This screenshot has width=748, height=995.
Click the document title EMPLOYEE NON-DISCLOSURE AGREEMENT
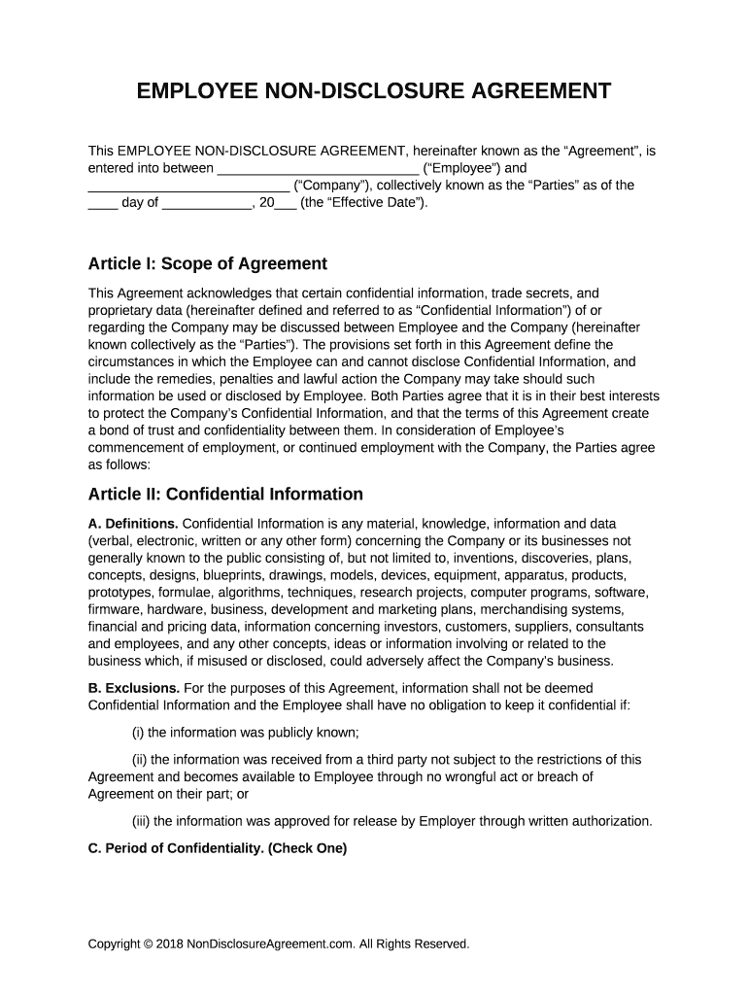(373, 92)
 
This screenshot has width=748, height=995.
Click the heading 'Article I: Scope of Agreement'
(208, 264)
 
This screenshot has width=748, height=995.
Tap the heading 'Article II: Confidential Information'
(225, 494)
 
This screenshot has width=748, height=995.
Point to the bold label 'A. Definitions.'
(133, 524)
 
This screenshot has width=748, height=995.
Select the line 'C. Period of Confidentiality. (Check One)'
(218, 847)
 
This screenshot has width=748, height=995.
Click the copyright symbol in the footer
(147, 944)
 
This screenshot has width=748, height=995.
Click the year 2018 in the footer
(169, 944)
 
